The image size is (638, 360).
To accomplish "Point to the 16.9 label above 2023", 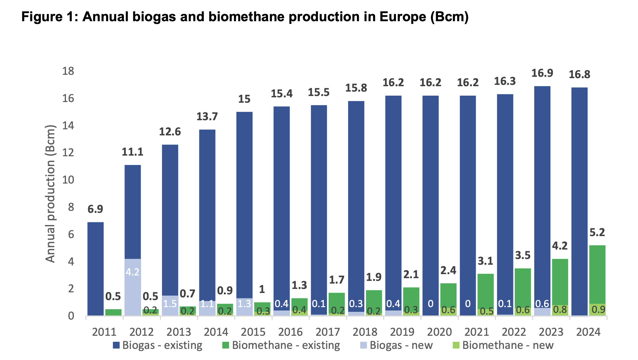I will coord(542,73).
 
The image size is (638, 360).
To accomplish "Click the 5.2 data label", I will coord(597,232).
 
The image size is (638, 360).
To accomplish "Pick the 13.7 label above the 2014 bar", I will coord(207,117).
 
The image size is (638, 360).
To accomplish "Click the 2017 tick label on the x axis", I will coord(328,332).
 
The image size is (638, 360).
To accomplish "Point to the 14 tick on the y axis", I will coord(68,126).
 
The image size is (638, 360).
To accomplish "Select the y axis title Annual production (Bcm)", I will coord(50,194).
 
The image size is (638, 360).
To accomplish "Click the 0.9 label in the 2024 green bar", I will coord(598,309).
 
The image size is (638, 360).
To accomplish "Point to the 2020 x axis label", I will coord(439,332).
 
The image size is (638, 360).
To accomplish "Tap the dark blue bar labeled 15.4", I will coord(281,209).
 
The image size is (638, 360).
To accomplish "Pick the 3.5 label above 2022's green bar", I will coord(523,255).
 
